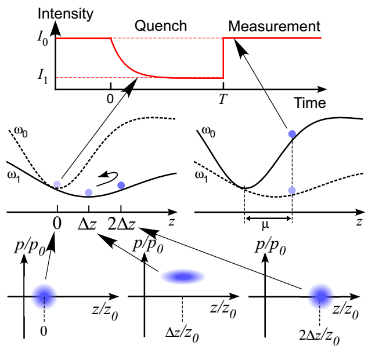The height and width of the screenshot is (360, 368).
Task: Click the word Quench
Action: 161,26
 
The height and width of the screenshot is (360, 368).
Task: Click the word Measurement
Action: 274,26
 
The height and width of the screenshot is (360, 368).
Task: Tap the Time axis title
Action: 310,103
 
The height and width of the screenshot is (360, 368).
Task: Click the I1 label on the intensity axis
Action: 43,77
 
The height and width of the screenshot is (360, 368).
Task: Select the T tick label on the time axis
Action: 223,99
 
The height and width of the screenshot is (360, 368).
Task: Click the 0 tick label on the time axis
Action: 110,99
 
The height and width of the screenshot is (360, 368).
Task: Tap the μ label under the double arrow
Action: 265,225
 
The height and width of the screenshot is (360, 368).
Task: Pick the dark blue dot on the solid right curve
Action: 292,134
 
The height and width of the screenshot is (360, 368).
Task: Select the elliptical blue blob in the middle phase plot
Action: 183,277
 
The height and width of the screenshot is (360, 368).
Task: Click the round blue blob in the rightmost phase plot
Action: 320,296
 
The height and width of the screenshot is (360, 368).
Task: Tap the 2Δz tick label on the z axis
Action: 121,224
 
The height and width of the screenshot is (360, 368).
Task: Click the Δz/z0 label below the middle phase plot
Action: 182,334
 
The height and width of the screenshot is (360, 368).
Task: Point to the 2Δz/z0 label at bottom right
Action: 319,337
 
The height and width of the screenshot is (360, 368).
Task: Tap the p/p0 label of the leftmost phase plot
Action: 30,248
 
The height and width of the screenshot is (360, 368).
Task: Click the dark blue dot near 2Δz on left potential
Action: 121,185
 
